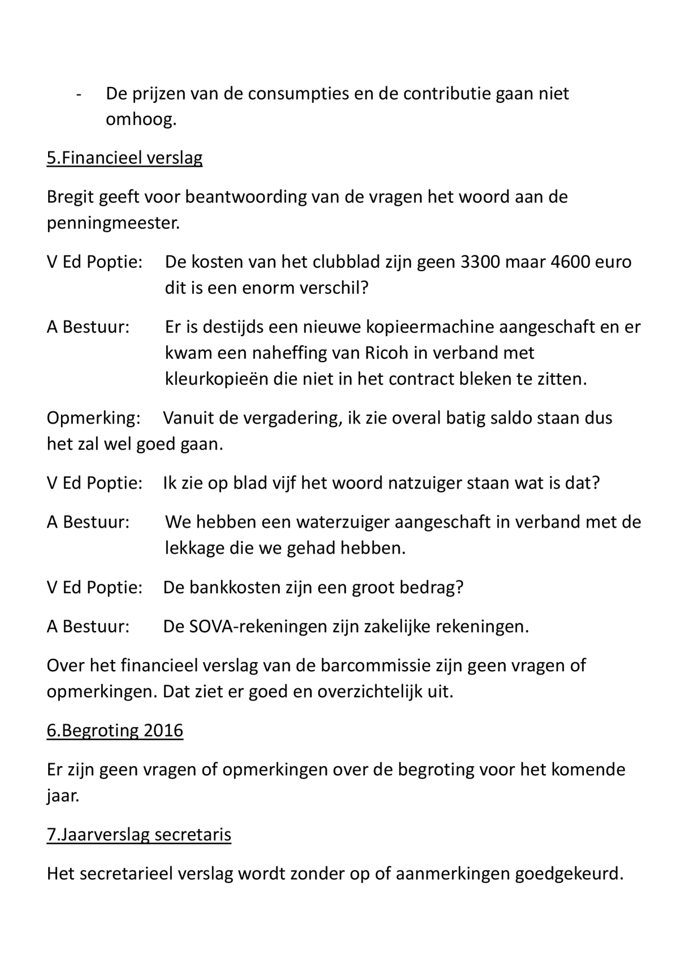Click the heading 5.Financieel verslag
coord(124,158)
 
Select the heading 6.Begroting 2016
coord(115,731)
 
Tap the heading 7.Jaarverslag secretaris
coord(139,835)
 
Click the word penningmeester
coord(113,224)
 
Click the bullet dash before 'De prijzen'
coord(79,94)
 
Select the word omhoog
coord(141,119)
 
